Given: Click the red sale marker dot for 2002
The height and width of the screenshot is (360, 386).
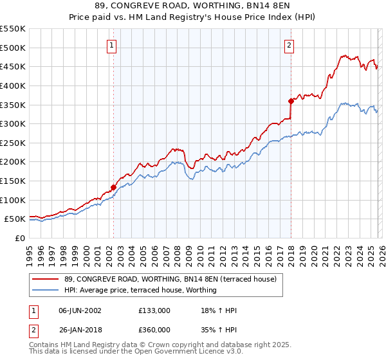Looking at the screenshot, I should pyautogui.click(x=114, y=188).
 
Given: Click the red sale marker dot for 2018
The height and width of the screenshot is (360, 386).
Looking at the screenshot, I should pyautogui.click(x=291, y=100).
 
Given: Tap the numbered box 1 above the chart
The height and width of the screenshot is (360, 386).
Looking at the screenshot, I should pyautogui.click(x=113, y=45).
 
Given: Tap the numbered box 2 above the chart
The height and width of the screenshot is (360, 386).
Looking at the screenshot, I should pyautogui.click(x=289, y=45).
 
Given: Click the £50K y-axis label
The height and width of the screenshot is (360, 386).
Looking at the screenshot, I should pyautogui.click(x=15, y=219).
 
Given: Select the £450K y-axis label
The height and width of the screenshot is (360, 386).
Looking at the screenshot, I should pyautogui.click(x=13, y=66).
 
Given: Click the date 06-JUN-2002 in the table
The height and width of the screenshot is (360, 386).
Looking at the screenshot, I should pyautogui.click(x=80, y=310).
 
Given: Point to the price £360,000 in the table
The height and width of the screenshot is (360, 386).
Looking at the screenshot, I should pyautogui.click(x=154, y=329).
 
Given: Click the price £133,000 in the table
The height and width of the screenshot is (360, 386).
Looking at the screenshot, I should pyautogui.click(x=154, y=310).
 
